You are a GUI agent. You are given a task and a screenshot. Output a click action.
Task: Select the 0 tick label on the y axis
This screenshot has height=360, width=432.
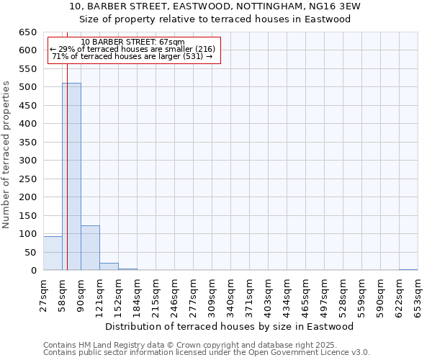(33, 271)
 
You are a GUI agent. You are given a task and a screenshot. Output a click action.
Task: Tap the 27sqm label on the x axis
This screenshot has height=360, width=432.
(43, 295)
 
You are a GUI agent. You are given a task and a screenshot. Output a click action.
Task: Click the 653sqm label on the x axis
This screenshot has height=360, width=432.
(418, 295)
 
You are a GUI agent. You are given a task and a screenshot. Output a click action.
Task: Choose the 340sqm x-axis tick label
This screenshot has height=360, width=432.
(230, 295)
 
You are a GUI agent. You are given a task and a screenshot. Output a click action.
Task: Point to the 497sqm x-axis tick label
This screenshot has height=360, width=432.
(324, 295)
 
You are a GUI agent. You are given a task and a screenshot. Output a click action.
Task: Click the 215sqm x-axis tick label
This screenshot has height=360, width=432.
(156, 295)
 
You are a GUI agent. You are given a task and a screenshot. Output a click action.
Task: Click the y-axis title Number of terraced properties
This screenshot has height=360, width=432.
(6, 155)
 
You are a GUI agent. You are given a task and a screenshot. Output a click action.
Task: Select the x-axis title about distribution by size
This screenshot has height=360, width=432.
(235, 326)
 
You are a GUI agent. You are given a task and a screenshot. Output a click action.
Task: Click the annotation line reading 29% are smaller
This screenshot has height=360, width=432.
(132, 49)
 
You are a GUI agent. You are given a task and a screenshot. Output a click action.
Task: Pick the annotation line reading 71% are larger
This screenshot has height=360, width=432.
(132, 56)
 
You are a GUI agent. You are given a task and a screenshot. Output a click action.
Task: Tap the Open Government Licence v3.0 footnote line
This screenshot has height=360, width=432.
(206, 352)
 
